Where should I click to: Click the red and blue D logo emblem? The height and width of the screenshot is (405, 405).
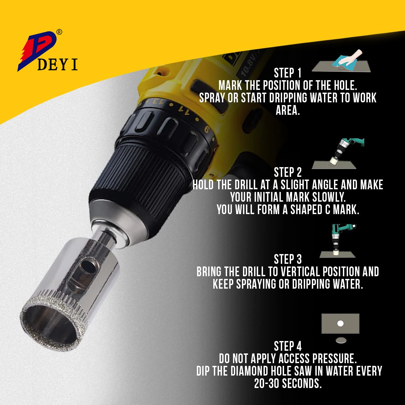(38, 49)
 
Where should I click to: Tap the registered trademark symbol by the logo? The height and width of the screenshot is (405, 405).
(59, 32)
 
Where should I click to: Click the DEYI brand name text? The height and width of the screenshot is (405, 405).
(57, 65)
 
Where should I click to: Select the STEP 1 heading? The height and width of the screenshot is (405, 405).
(288, 73)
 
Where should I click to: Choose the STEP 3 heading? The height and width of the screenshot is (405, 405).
(288, 259)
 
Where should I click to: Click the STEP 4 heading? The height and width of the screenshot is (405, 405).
(288, 346)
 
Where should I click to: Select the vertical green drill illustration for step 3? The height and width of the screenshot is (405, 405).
(340, 238)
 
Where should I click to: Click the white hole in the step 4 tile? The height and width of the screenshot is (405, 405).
(340, 323)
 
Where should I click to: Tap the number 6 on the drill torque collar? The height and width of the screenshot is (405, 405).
(207, 130)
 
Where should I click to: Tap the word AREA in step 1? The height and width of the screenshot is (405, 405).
(287, 110)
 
